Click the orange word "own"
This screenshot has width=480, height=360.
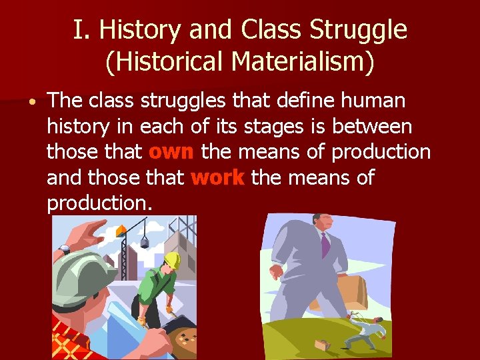point(171,152)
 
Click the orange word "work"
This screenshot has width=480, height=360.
point(218,178)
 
